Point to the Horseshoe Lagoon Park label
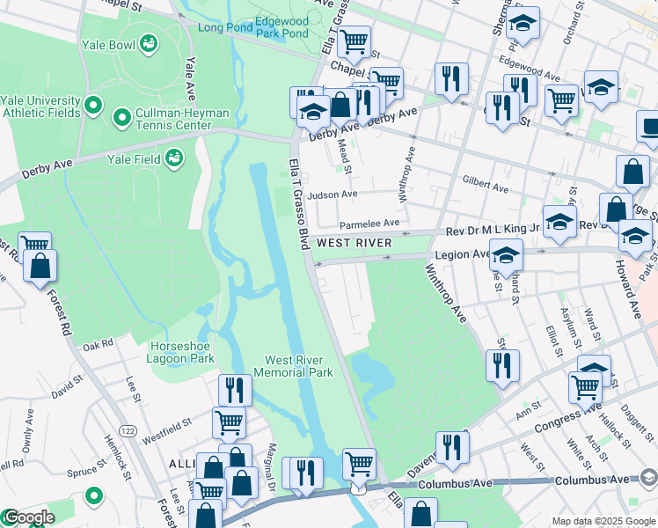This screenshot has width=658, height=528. point(182,352)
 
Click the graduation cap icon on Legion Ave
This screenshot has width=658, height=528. point(506,255)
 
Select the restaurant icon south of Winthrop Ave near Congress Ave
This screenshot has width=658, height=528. point(502,364)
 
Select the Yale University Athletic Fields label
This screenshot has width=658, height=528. point(41,106)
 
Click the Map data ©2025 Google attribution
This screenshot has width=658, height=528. point(603,521)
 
